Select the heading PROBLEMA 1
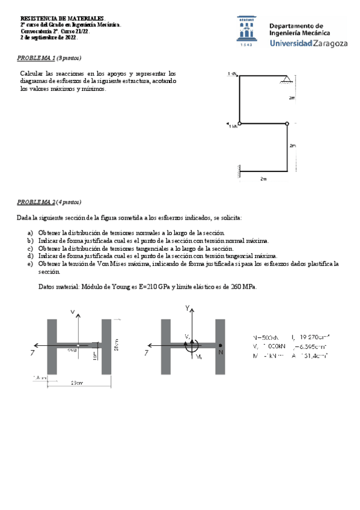(35, 58)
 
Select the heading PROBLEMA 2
(35, 202)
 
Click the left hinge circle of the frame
(240, 124)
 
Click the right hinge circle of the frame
(287, 124)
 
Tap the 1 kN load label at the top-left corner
(232, 73)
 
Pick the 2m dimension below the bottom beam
(263, 179)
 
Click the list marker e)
(30, 263)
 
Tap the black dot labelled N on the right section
(221, 346)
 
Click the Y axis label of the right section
(188, 308)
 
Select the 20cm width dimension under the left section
(76, 382)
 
